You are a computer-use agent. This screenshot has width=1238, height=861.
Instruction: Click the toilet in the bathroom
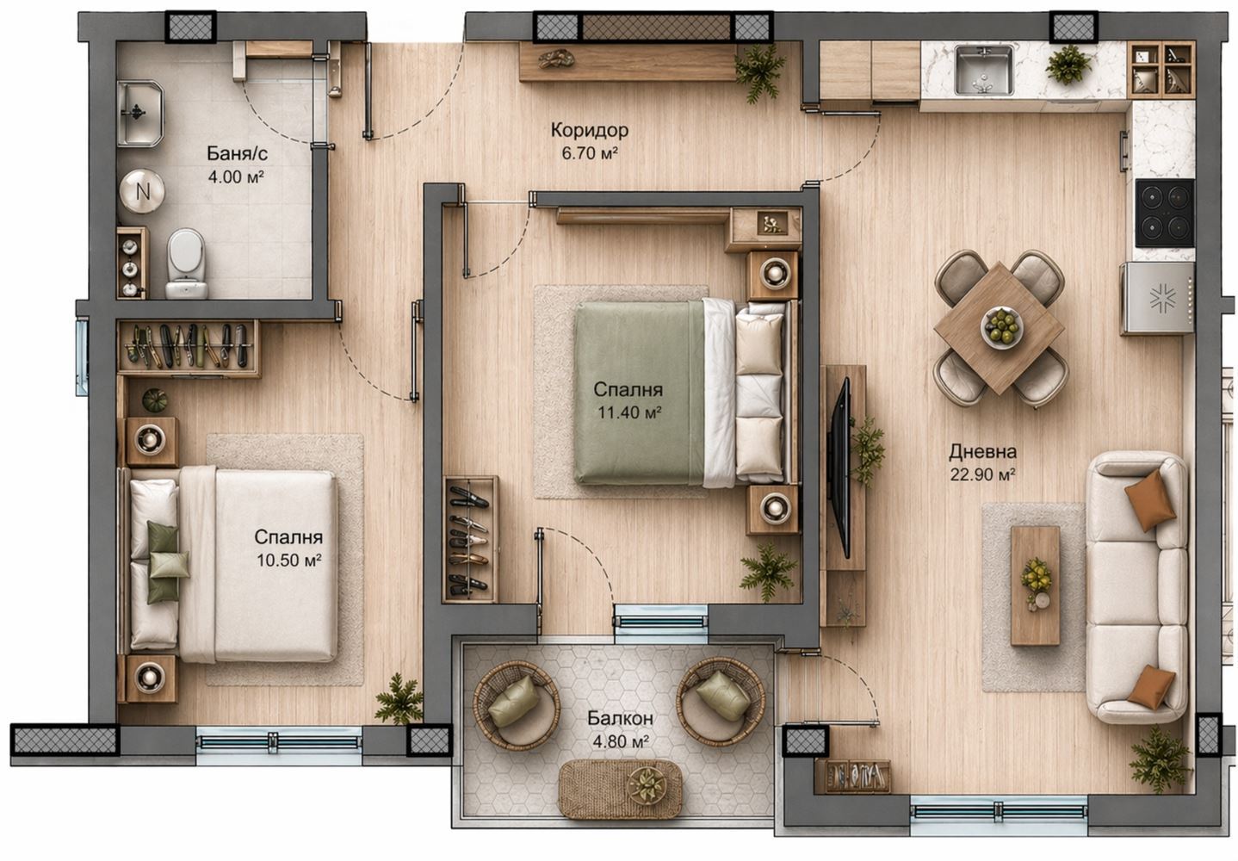coord(187,264)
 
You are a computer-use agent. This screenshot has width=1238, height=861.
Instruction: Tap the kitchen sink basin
coord(984,71)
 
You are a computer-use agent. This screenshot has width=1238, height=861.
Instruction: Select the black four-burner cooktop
coord(1165,213)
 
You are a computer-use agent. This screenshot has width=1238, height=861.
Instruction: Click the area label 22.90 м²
coord(982,474)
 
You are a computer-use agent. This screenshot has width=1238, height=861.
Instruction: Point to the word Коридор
coord(589,130)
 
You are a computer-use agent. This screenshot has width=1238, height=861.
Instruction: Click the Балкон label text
coord(620,718)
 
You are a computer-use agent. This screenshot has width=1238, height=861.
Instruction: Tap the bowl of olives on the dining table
coord(1001,328)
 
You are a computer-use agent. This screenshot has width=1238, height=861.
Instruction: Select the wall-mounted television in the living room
coord(842,468)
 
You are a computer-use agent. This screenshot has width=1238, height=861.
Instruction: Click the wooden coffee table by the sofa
coord(1035,585)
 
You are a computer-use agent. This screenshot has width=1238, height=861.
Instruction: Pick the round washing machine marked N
coord(142,191)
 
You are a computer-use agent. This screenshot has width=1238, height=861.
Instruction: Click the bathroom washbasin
coord(140,114)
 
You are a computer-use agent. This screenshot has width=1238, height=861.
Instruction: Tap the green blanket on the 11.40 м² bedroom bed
coord(639,393)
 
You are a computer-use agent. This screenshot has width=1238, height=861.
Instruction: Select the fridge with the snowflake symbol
coord(1157,299)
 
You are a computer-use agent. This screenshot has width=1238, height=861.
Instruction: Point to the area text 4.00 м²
coord(235,177)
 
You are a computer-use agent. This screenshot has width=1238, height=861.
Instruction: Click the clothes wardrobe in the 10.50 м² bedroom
coord(188,348)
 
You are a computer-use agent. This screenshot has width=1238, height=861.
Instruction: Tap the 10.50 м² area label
coord(288,561)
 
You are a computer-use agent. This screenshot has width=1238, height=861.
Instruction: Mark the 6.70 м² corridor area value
coord(589,153)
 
